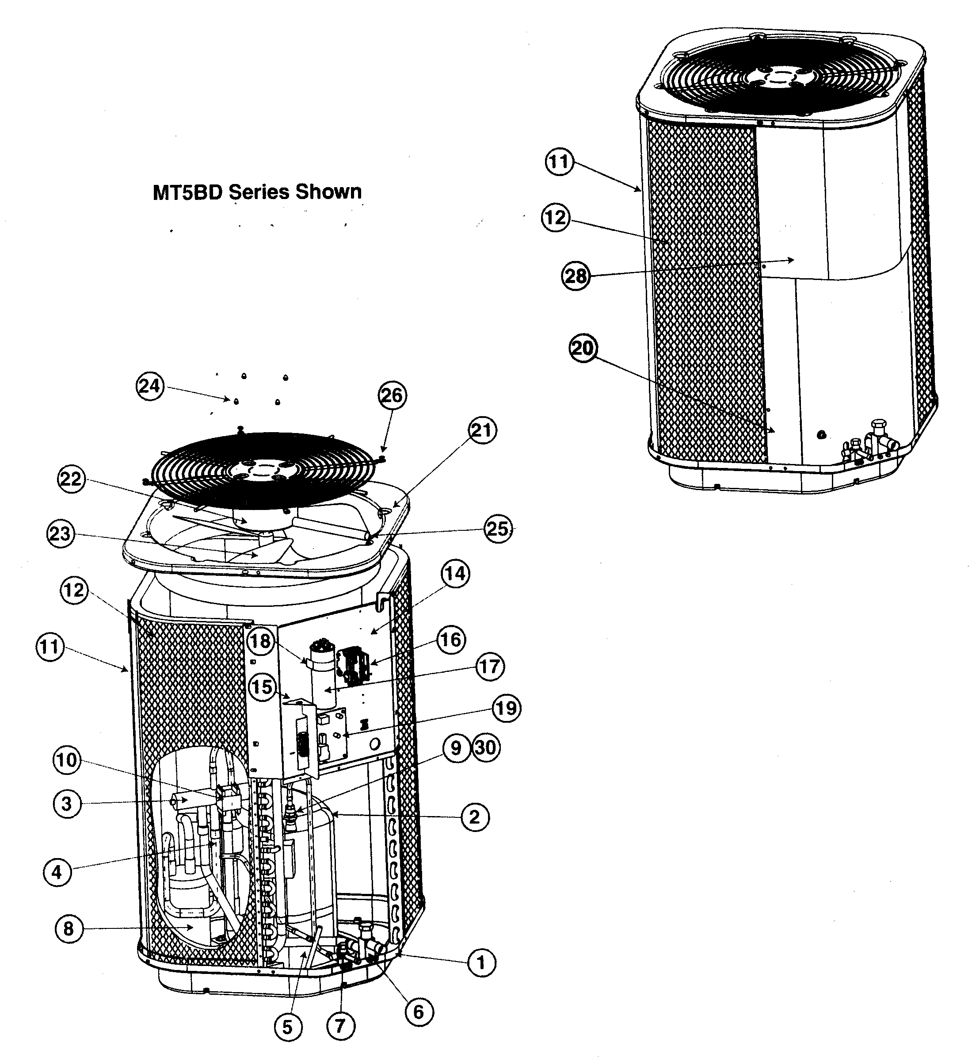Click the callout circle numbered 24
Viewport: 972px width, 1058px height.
coord(150,386)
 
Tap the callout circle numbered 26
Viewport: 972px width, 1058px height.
coord(393,395)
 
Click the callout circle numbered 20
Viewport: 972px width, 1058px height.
coord(583,349)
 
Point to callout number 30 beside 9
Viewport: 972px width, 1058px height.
coord(486,747)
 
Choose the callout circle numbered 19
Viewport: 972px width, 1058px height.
coord(507,709)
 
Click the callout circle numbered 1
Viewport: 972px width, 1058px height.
coord(481,963)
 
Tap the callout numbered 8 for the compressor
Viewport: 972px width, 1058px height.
coord(69,928)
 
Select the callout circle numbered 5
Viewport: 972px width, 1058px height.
coord(288,1027)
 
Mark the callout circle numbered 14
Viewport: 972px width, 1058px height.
coord(455,573)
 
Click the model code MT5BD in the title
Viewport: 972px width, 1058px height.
coord(188,192)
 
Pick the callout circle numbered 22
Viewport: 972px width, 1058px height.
coord(71,479)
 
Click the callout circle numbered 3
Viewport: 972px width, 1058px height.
coord(67,804)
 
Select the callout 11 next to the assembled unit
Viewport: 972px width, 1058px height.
coord(560,161)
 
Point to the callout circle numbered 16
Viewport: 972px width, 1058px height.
coord(451,640)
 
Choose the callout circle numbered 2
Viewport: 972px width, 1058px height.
coord(474,817)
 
